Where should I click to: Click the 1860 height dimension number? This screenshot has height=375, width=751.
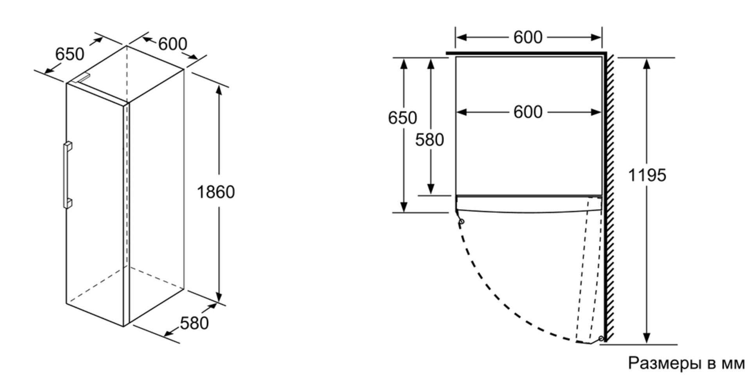(x=216, y=192)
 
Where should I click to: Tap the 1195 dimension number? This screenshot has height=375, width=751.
(x=647, y=175)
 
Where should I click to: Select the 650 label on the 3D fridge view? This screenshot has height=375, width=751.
(x=70, y=54)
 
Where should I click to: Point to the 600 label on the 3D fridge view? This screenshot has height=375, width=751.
(x=172, y=44)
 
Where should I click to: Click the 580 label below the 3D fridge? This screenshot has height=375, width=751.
(x=194, y=323)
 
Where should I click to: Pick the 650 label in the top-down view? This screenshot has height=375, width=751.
(x=402, y=118)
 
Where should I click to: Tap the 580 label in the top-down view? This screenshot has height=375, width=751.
(x=429, y=139)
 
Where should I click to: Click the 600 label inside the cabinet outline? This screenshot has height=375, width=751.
(x=528, y=112)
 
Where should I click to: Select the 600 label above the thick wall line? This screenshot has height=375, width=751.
(x=528, y=37)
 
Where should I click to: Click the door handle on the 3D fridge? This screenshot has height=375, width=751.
(x=68, y=175)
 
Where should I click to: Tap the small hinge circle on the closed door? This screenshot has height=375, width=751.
(x=462, y=221)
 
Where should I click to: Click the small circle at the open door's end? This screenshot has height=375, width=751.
(x=601, y=338)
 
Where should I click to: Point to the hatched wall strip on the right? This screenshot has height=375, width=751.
(x=609, y=197)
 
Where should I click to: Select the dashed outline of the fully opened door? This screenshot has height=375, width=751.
(x=589, y=270)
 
